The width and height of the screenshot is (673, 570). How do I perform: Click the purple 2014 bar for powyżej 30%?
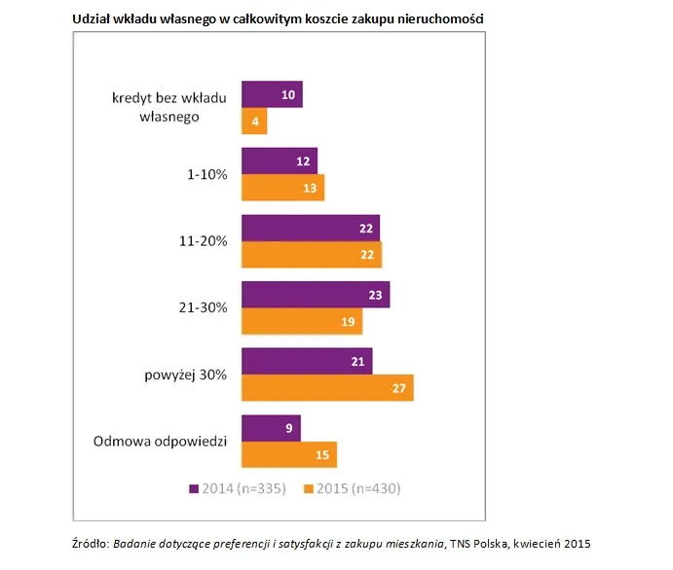(x=307, y=361)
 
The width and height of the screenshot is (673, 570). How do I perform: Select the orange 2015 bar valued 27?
(x=327, y=387)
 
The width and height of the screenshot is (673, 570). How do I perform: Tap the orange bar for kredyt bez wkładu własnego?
(x=254, y=121)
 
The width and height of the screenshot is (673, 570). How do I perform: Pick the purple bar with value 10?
(x=272, y=94)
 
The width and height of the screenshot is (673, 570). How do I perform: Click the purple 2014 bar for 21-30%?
(x=316, y=294)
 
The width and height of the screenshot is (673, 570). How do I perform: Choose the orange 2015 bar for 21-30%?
(x=302, y=320)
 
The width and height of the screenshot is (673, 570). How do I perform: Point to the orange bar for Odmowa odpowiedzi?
(x=289, y=453)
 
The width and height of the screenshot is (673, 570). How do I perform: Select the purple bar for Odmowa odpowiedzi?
(x=271, y=427)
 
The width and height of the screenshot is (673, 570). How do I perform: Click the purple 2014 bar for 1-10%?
(x=280, y=160)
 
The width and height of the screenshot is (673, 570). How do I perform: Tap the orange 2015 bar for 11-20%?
(x=312, y=254)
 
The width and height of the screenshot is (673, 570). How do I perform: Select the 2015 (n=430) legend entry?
(x=353, y=488)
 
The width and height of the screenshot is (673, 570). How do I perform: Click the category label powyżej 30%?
(x=187, y=374)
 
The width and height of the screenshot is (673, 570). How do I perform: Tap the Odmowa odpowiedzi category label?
(x=161, y=441)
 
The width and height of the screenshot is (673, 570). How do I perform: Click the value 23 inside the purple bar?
(x=375, y=294)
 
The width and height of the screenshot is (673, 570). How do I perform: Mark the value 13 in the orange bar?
(x=310, y=188)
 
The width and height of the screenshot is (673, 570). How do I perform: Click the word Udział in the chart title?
(x=93, y=18)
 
